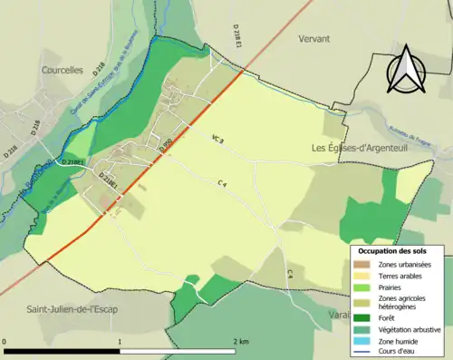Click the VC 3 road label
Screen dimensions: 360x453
[x=217, y=139]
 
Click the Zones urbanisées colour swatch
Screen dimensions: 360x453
[x=362, y=263]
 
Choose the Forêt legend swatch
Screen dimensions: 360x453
[x=362, y=317]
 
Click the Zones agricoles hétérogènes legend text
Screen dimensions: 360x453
[x=404, y=302]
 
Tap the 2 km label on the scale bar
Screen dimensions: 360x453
[x=241, y=340]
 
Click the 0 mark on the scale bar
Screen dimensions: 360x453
[x=5, y=340]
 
